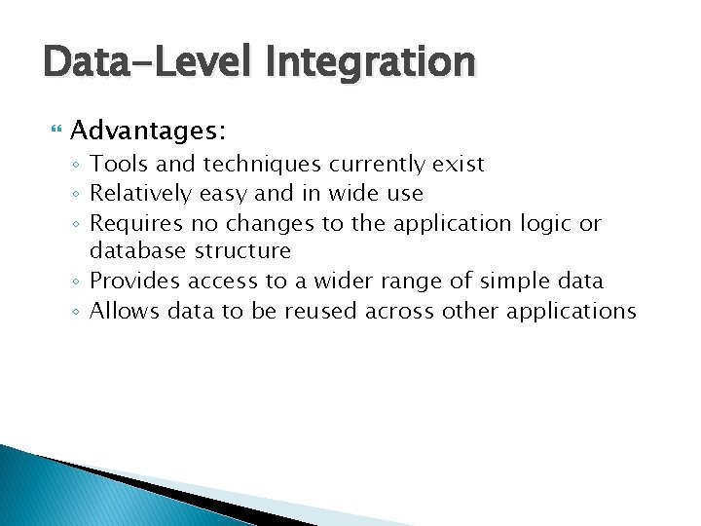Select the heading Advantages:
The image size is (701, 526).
[149, 130]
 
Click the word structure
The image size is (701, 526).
[244, 251]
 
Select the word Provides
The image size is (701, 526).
[134, 282]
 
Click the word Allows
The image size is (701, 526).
[125, 311]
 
